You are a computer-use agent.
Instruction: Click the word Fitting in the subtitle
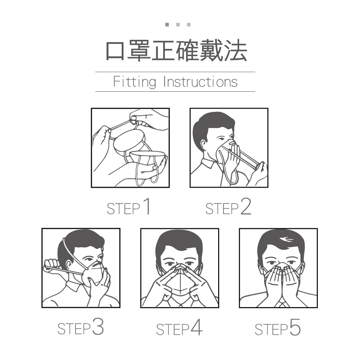(135, 82)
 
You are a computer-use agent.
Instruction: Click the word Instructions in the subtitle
(201, 82)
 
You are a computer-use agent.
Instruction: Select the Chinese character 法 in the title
(235, 50)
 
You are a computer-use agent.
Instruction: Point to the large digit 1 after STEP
(147, 206)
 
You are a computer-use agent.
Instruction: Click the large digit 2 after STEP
(246, 206)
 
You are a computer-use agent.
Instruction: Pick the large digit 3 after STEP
(98, 327)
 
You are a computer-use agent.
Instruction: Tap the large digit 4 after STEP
(197, 327)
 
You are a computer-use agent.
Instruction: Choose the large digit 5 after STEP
(295, 327)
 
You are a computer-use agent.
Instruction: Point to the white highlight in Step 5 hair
(286, 239)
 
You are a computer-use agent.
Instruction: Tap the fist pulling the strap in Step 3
(51, 266)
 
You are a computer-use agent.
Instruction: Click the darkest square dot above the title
(167, 24)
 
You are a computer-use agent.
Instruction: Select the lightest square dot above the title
(189, 24)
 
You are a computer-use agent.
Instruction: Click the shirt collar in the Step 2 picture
(208, 163)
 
